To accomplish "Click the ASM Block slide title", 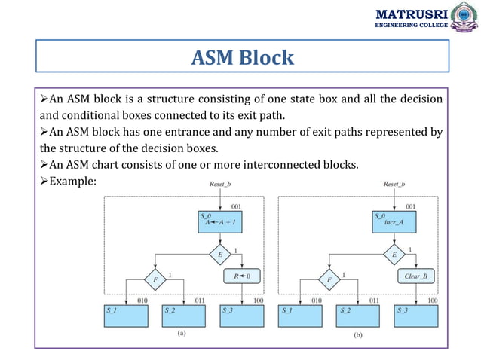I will pos(241,57).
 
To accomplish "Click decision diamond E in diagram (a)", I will pos(219,255).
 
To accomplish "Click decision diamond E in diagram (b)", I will pos(395,255).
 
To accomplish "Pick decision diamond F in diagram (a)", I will pos(155,279).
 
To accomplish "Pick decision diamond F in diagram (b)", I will pos(330,279).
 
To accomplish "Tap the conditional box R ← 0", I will pos(241,276).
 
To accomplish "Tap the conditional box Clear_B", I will pos(416,276).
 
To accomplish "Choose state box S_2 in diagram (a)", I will pos(185,315).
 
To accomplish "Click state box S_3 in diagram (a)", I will pos(241,315).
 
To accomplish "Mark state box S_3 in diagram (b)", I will pos(416,315).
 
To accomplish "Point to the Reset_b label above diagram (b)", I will pos(395,183).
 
